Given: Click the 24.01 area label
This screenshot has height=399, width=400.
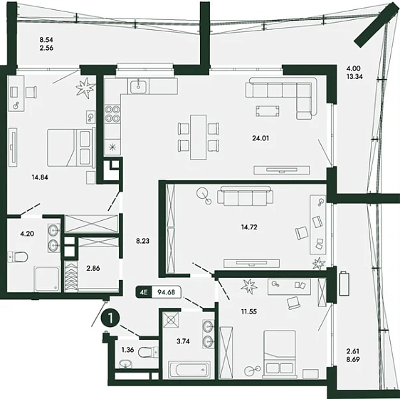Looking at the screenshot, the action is (x=260, y=138).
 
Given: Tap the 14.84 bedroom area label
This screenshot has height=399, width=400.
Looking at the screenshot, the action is (x=40, y=177).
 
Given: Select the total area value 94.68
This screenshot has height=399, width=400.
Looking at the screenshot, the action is (x=167, y=292).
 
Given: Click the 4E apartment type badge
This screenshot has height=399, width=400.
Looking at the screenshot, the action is (x=144, y=292).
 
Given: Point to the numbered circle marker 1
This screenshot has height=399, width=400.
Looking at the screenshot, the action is (x=110, y=318).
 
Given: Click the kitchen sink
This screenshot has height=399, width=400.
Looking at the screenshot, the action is (x=139, y=87).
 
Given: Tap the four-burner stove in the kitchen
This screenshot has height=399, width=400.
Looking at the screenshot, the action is (x=112, y=114).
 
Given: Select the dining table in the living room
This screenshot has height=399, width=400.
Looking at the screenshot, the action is (x=199, y=138).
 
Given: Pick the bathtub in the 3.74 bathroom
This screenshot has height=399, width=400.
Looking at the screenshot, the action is (x=189, y=369).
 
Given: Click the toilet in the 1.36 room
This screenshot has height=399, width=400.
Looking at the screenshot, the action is (x=148, y=353).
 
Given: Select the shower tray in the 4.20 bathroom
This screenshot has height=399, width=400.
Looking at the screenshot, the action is (x=47, y=279).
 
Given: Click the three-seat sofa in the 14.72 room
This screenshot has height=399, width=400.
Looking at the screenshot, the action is (x=245, y=195).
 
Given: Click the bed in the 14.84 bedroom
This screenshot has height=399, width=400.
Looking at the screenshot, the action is (x=69, y=147).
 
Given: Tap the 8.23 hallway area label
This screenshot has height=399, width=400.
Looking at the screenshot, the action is (x=142, y=241).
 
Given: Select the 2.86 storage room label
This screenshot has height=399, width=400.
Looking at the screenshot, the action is (x=93, y=268).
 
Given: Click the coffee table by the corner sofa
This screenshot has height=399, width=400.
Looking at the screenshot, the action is (x=268, y=111).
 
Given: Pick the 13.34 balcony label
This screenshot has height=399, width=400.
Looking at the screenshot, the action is (x=354, y=76).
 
